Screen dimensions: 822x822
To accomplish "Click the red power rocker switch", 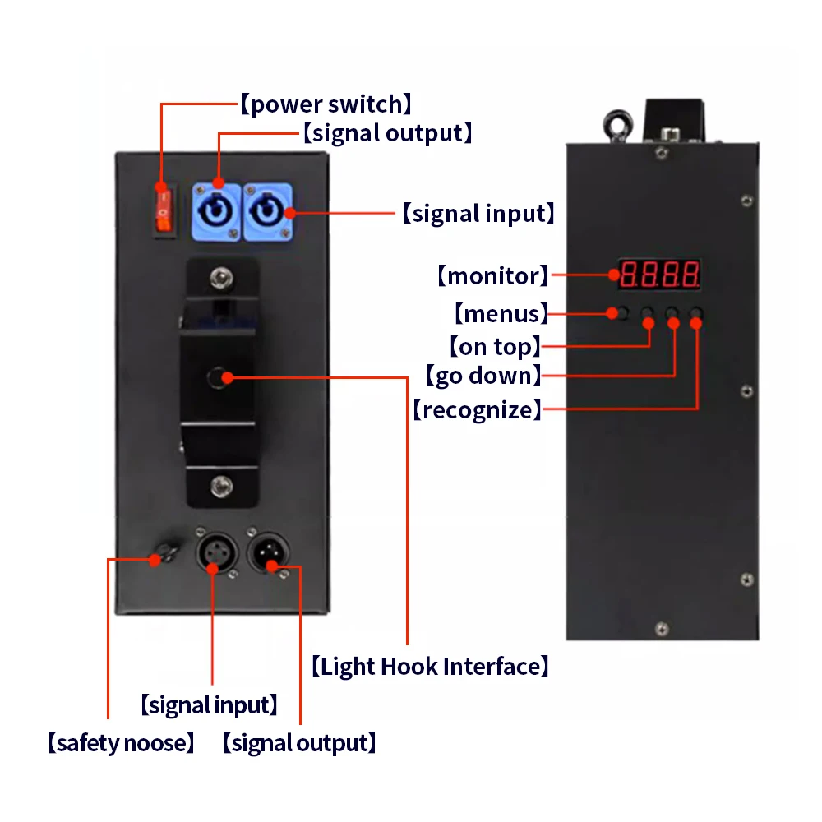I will click(x=164, y=207).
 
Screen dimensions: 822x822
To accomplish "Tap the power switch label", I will click(x=326, y=104).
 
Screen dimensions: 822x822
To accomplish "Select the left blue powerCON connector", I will click(x=217, y=212).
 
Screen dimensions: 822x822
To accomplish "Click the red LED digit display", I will click(x=659, y=274).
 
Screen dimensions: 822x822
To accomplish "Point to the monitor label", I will click(x=492, y=275).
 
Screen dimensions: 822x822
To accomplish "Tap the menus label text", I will click(x=501, y=313).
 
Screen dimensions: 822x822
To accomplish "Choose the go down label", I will click(x=483, y=376).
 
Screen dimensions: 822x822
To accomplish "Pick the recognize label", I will click(x=477, y=409).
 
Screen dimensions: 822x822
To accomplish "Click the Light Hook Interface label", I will click(x=430, y=666).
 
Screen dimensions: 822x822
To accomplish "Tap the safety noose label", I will click(x=122, y=743).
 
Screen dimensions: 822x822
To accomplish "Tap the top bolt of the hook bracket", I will click(x=219, y=276).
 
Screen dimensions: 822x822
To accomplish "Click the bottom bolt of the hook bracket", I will click(x=219, y=486).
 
